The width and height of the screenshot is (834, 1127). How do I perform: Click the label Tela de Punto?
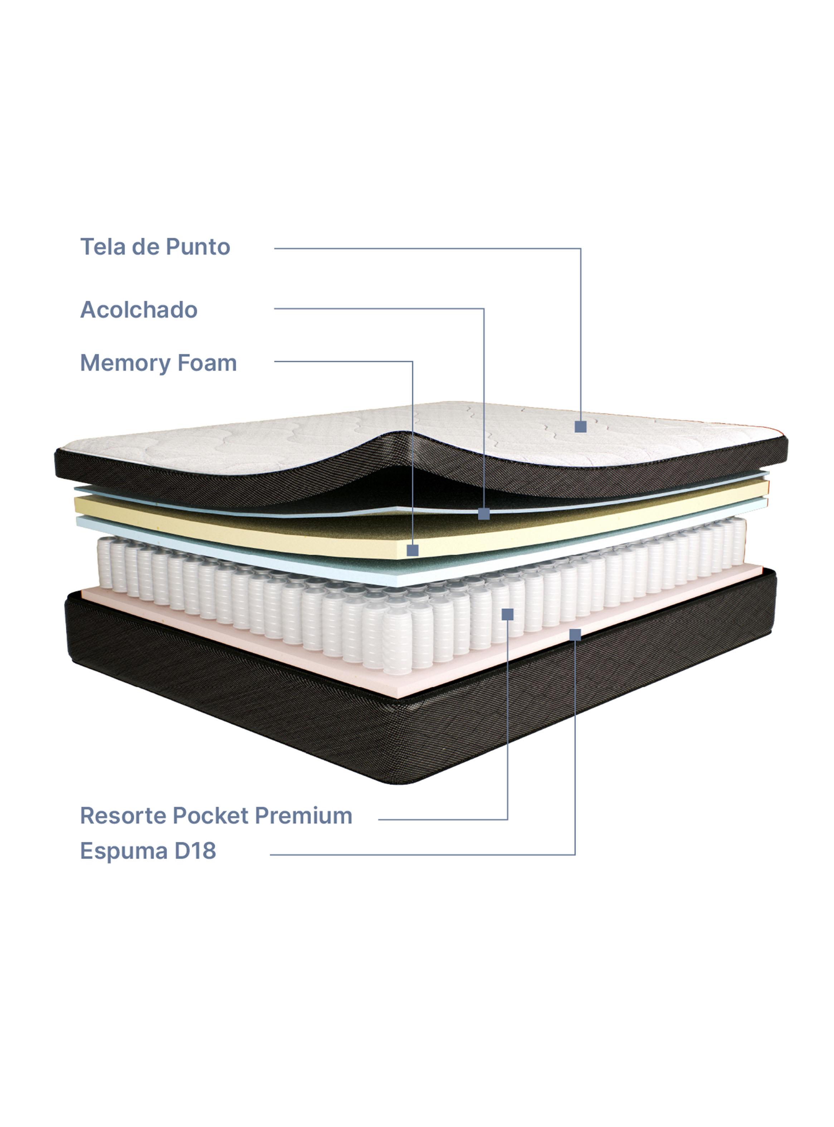pyautogui.click(x=155, y=247)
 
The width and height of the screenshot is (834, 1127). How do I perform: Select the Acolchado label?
pyautogui.click(x=139, y=310)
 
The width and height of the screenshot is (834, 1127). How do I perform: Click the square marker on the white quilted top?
pyautogui.click(x=581, y=426)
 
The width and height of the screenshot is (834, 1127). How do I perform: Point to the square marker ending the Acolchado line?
pyautogui.click(x=484, y=514)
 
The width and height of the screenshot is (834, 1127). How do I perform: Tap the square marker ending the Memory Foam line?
pyautogui.click(x=413, y=550)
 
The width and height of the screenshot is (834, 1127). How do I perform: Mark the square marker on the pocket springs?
pyautogui.click(x=507, y=614)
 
